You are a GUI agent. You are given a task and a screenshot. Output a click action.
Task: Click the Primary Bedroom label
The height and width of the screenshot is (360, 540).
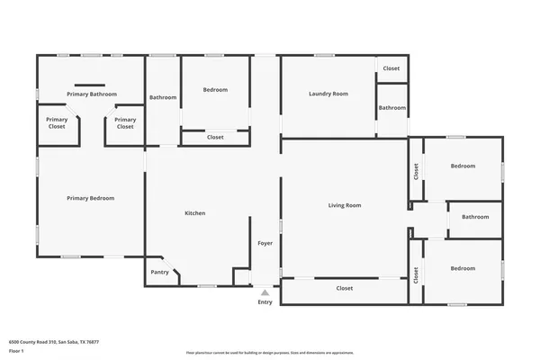(x=90, y=198)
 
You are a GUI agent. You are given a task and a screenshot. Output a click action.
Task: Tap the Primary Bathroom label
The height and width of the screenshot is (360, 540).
(x=90, y=94)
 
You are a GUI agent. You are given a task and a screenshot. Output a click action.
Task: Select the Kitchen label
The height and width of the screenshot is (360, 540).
(x=195, y=213)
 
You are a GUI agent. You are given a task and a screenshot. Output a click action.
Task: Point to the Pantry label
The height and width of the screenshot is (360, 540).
(x=159, y=272)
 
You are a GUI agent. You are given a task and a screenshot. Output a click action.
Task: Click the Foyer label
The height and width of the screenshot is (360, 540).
(x=265, y=243)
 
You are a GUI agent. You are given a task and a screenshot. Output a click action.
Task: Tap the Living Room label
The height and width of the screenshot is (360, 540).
(x=344, y=205)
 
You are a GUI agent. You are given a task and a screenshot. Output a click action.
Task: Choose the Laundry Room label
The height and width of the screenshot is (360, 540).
(x=328, y=94)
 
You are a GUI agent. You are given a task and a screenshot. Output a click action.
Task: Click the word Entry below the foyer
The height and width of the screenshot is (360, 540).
(x=265, y=302)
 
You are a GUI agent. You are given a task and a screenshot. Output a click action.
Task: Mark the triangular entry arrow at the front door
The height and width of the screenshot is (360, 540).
(x=265, y=292)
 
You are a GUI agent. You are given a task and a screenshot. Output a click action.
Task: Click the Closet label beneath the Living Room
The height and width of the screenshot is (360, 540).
(x=344, y=289)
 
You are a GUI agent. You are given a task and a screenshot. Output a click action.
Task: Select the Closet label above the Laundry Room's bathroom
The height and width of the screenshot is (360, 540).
(x=391, y=68)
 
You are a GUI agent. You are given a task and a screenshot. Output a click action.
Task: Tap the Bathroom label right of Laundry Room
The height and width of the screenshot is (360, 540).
(x=391, y=108)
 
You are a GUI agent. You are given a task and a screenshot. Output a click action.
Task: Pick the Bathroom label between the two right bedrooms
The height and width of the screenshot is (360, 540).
(x=475, y=217)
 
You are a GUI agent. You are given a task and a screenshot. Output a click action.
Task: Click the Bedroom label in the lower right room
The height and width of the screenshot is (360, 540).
(x=463, y=268)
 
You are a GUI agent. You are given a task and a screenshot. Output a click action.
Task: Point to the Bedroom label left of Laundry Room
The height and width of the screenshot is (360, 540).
(x=215, y=89)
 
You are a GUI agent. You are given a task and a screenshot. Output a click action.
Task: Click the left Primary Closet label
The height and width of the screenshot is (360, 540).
(x=57, y=123)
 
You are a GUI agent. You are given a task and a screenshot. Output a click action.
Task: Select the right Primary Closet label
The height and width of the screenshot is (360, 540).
(x=125, y=123)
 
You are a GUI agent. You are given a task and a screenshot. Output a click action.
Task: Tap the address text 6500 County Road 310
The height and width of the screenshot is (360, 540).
(x=54, y=342)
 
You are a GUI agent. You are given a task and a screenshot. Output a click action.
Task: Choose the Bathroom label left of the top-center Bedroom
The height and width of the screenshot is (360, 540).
(x=163, y=97)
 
